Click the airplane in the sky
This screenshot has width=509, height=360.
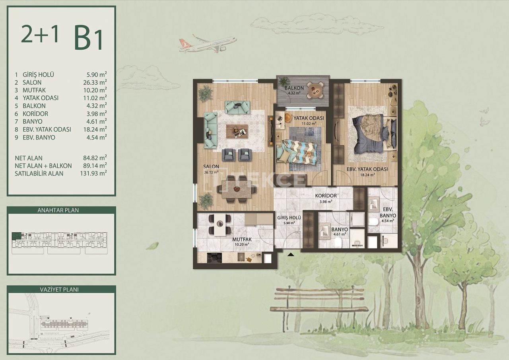[207, 44]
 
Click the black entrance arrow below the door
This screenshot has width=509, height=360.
[291, 255]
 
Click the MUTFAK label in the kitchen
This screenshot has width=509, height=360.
[241, 239]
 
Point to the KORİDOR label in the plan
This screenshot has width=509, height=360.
[326, 196]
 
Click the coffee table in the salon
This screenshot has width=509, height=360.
[237, 131]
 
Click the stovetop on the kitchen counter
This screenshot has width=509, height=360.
[215, 258]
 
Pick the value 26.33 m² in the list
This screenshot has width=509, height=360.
[97, 82]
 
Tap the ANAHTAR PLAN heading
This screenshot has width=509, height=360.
[61, 210]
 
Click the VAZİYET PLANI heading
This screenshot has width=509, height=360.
[61, 290]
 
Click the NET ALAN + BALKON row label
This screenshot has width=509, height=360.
[43, 165]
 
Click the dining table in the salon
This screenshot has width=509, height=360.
[236, 190]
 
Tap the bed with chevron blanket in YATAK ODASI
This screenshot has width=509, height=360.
[298, 152]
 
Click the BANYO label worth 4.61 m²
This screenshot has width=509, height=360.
[340, 230]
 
